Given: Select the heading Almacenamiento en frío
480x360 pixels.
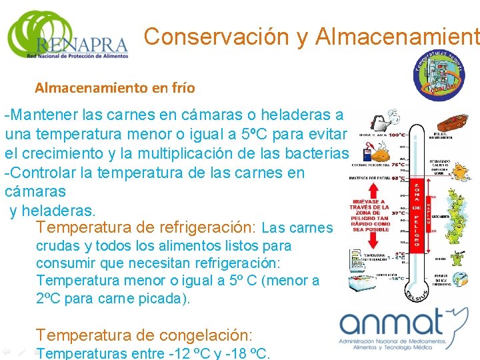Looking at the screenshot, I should point(115,87).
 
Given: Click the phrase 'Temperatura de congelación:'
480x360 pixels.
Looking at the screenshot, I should point(145,335).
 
